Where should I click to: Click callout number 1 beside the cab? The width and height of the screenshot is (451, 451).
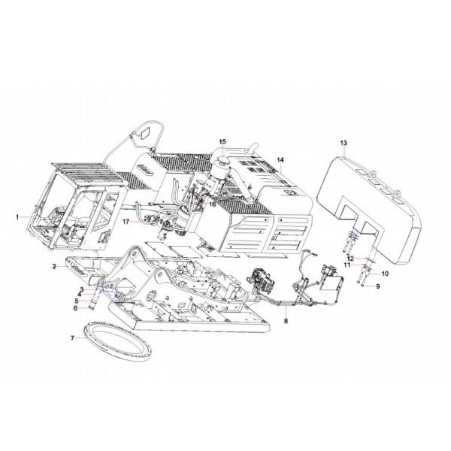click(x=17, y=216)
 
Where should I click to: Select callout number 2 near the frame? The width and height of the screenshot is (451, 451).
click(x=54, y=267)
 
